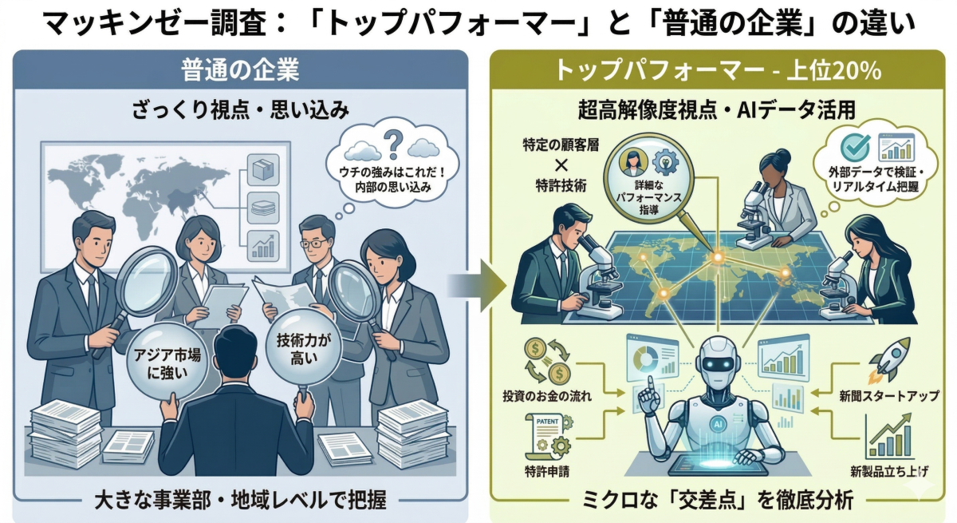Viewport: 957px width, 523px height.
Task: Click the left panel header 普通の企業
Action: [x=239, y=70]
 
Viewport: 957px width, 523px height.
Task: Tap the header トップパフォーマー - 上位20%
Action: [x=718, y=70]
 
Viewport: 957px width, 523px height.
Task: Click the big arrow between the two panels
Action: [x=478, y=283]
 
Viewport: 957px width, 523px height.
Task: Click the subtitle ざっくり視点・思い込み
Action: [x=239, y=109]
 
